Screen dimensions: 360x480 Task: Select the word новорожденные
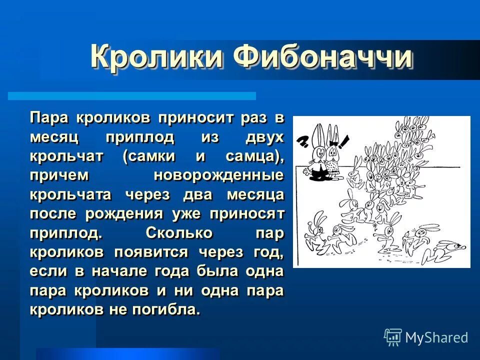coord(218,176)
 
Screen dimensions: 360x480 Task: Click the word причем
coord(59,176)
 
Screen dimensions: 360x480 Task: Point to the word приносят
coord(247,214)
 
